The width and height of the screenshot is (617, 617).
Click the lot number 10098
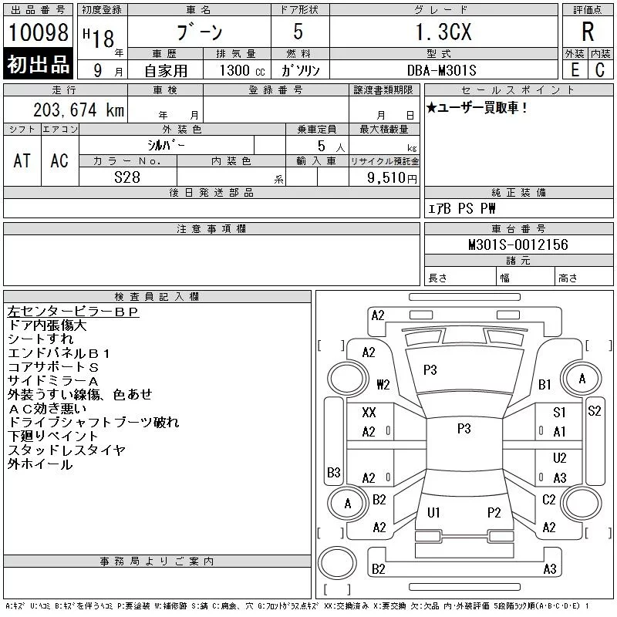pyautogui.click(x=38, y=32)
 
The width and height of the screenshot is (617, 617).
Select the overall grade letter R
pyautogui.click(x=588, y=32)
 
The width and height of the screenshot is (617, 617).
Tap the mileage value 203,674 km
pyautogui.click(x=79, y=110)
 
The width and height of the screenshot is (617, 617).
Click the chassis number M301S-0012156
pyautogui.click(x=518, y=244)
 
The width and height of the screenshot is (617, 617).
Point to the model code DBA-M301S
pyautogui.click(x=441, y=70)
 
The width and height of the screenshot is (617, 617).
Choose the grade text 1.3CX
pyautogui.click(x=443, y=32)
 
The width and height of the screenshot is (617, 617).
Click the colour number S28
pyautogui.click(x=127, y=177)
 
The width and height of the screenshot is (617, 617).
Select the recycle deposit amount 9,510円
pyautogui.click(x=392, y=178)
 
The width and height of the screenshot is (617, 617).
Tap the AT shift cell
pyautogui.click(x=22, y=160)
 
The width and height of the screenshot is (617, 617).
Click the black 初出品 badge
pyautogui.click(x=38, y=64)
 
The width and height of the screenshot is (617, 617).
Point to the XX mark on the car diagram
pyautogui.click(x=369, y=413)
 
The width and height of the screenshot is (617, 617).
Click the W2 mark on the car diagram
pyautogui.click(x=383, y=384)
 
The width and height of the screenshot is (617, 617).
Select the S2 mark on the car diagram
pyautogui.click(x=594, y=411)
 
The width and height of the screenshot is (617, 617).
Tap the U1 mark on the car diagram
pyautogui.click(x=433, y=512)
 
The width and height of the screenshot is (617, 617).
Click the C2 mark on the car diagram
pyautogui.click(x=548, y=500)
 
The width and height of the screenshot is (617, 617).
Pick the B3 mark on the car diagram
pyautogui.click(x=334, y=472)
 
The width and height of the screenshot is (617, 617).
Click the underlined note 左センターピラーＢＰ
pyautogui.click(x=73, y=312)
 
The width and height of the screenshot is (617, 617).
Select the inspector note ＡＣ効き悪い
pyautogui.click(x=47, y=409)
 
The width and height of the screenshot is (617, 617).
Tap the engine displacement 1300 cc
pyautogui.click(x=242, y=70)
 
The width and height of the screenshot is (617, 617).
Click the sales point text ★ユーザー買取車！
pyautogui.click(x=476, y=107)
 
